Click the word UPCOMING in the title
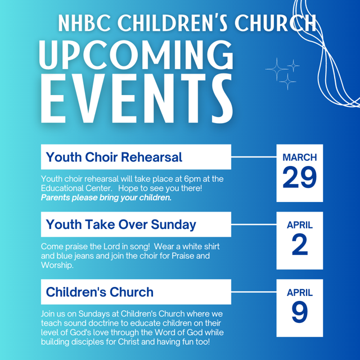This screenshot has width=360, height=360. click(x=136, y=55)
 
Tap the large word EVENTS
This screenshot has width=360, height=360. click(x=137, y=99)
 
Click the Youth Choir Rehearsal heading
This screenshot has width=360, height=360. click(x=114, y=157)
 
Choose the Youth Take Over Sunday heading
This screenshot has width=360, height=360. click(x=121, y=224)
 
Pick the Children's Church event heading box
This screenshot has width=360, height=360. click(x=136, y=292)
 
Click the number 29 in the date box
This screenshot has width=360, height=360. click(x=300, y=177)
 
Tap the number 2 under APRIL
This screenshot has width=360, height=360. click(x=300, y=245)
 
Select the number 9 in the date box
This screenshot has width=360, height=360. click(x=300, y=312)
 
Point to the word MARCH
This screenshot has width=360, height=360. click(x=300, y=157)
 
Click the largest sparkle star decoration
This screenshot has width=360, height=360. click(x=277, y=69)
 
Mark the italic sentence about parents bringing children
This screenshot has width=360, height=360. click(x=106, y=197)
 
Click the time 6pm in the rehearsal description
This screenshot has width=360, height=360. click(x=192, y=179)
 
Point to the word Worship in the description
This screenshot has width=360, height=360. click(x=57, y=265)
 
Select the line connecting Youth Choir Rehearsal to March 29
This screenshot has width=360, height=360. click(x=254, y=157)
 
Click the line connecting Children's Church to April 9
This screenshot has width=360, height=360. click(x=254, y=292)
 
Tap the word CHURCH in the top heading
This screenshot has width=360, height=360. click(x=275, y=24)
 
